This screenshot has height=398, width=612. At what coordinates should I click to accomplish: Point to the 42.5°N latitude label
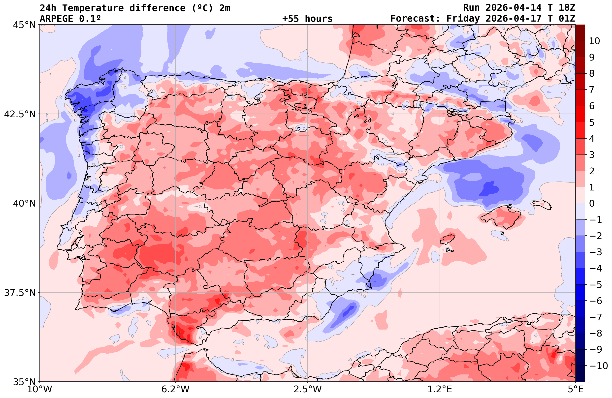pyautogui.click(x=20, y=114)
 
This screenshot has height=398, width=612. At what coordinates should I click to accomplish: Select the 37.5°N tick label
pyautogui.click(x=20, y=293)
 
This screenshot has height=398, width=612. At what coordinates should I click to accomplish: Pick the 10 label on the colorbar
pyautogui.click(x=594, y=41)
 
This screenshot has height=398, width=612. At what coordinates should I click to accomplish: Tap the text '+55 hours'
pyautogui.click(x=307, y=19)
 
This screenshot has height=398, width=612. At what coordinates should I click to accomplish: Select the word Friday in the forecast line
pyautogui.click(x=463, y=19)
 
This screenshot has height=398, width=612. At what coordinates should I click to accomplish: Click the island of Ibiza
pyautogui.click(x=448, y=239)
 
